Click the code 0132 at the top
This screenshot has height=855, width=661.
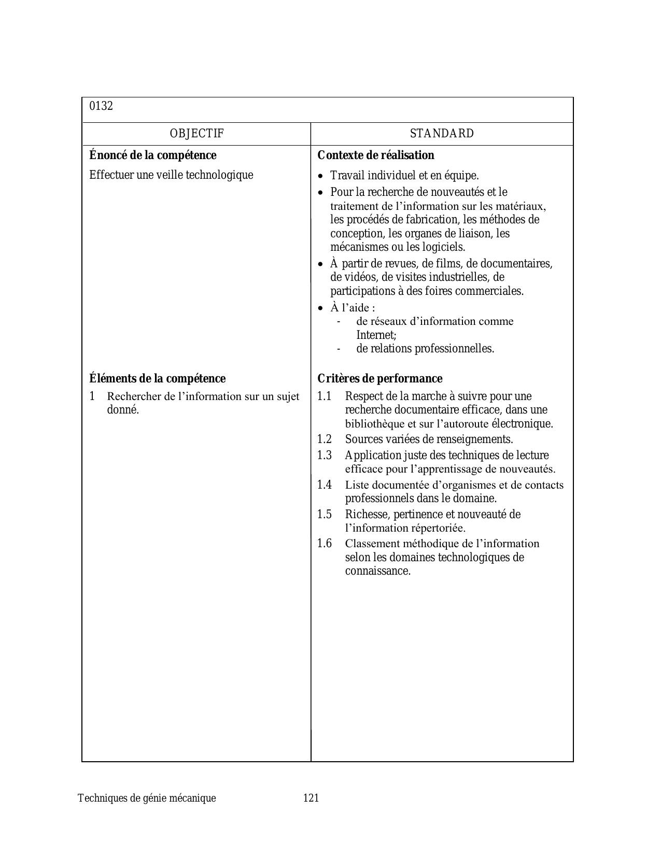click(101, 106)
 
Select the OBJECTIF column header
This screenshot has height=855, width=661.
click(196, 134)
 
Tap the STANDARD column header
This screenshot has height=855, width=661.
click(442, 134)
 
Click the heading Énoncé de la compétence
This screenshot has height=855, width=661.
click(153, 155)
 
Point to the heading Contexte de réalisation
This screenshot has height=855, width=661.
click(376, 155)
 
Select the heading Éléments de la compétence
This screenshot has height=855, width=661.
click(158, 379)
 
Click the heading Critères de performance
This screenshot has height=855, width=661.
click(380, 379)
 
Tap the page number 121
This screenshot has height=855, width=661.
click(311, 798)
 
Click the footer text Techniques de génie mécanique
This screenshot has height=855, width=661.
click(147, 798)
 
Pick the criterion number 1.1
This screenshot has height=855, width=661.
click(324, 396)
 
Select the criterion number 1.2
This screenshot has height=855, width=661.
click(324, 439)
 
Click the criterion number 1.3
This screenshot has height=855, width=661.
click(324, 455)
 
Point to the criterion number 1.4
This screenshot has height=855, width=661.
click(324, 485)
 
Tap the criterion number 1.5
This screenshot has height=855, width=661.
click(324, 515)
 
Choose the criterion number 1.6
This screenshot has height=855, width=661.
click(324, 544)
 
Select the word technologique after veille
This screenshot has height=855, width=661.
click(219, 175)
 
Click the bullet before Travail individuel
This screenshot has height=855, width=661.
click(320, 176)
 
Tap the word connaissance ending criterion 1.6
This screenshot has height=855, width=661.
click(377, 571)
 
